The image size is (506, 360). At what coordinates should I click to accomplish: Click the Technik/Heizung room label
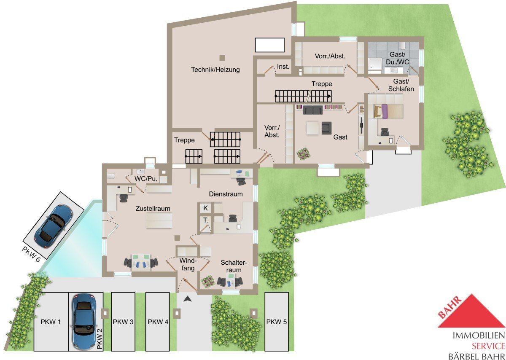point(215,70)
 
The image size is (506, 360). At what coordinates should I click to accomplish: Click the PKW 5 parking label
point(276,322)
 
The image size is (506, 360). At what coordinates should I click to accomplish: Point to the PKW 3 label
point(123,322)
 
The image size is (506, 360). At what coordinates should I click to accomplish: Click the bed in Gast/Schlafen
point(388,111)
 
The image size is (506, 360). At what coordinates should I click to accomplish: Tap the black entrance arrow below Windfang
point(188,299)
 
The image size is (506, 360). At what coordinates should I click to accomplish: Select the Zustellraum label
point(153,209)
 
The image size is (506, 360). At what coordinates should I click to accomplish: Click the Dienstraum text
point(226,194)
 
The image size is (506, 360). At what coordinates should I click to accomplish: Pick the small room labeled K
point(205,208)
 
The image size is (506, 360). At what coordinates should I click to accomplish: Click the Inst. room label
point(283,67)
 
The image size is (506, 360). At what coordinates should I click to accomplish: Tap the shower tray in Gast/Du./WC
point(375,64)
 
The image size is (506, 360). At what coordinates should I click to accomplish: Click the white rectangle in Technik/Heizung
point(269,45)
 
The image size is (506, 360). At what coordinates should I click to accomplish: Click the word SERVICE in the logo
point(488,346)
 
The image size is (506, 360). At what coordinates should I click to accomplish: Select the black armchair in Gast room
point(326,128)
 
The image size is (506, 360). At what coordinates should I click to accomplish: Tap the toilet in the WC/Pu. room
point(111,176)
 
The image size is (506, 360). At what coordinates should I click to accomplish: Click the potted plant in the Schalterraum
point(208,282)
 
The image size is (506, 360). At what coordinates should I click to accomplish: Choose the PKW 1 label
point(51,322)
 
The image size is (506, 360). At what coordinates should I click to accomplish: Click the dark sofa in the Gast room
point(312,110)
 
